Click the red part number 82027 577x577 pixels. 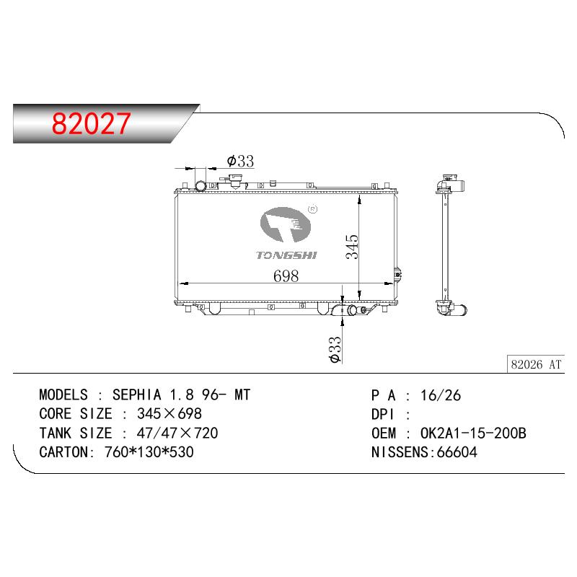[x=91, y=123]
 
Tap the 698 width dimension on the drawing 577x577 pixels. [x=286, y=276]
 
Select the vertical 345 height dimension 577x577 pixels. [x=352, y=247]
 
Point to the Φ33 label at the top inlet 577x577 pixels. [x=240, y=161]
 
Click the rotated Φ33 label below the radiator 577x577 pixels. [x=335, y=350]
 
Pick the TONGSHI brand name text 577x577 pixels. [x=286, y=255]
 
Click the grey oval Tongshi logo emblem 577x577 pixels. [x=285, y=224]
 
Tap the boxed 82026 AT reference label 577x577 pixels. [x=536, y=364]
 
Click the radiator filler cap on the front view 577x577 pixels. [x=234, y=182]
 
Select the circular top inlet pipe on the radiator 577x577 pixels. [x=201, y=186]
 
